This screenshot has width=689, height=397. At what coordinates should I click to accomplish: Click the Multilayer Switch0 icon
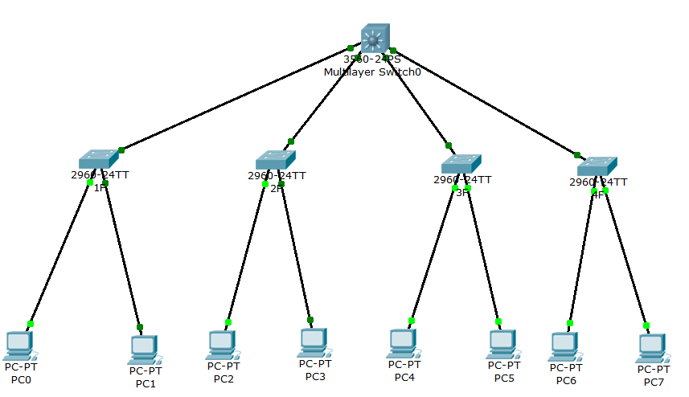tap(375, 38)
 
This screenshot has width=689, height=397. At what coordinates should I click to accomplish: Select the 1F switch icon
tap(99, 158)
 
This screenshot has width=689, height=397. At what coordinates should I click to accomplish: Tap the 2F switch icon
tap(276, 158)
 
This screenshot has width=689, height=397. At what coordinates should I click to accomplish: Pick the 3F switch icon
tap(461, 163)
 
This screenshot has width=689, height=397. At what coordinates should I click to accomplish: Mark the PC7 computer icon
tap(653, 348)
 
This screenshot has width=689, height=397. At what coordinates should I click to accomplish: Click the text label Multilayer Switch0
tap(372, 72)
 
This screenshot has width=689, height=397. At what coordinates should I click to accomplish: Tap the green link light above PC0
tap(31, 324)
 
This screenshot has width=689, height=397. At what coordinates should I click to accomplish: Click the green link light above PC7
tap(646, 325)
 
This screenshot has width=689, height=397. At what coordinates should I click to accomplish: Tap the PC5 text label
tap(504, 378)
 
